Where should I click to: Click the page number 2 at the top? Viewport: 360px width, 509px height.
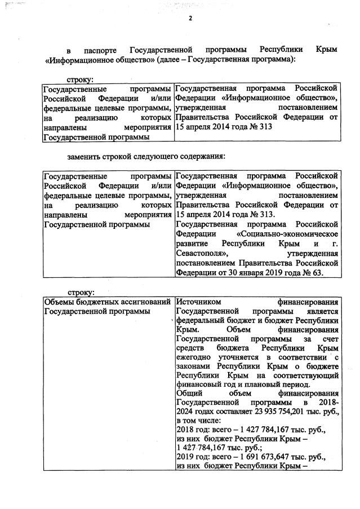[x=190, y=18]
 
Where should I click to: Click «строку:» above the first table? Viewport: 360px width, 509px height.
[x=81, y=80]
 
